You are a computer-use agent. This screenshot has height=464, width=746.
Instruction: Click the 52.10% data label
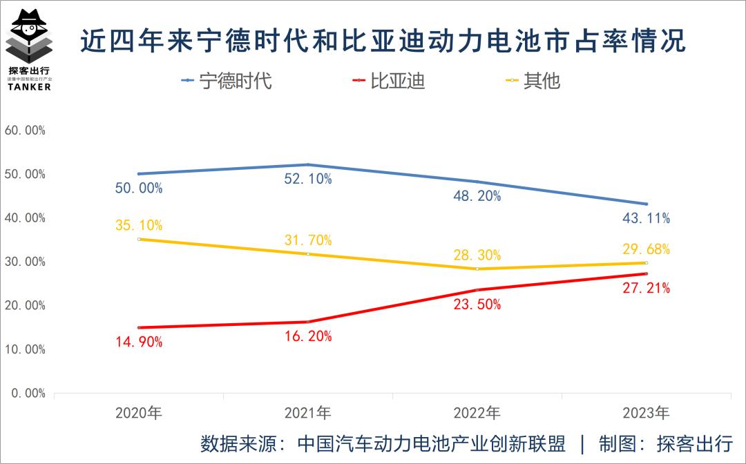[x=308, y=180]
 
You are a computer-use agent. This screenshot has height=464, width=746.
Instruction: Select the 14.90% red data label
[x=139, y=342]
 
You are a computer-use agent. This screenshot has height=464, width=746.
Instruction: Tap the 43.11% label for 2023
[x=646, y=218]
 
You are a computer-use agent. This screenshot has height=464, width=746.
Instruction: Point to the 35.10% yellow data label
[x=139, y=225]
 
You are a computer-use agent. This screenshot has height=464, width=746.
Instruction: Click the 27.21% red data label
[x=646, y=288]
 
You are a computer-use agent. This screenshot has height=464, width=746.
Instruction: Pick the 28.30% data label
[x=477, y=255]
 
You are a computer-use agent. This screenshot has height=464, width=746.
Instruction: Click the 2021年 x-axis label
[x=308, y=413]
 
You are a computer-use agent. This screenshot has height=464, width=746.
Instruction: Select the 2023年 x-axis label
[x=646, y=413]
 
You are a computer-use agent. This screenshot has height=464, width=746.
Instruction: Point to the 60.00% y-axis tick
[x=26, y=130]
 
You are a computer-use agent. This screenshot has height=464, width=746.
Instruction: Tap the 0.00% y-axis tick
[x=28, y=393]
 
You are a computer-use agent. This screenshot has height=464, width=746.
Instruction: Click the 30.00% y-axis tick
[x=26, y=262]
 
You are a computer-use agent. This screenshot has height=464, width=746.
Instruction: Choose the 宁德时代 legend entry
[x=227, y=81]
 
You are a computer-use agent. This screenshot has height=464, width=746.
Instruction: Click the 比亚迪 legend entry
[x=388, y=81]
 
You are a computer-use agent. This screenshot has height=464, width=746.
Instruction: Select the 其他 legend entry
[x=533, y=81]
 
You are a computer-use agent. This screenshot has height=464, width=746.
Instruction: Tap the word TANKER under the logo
[x=30, y=87]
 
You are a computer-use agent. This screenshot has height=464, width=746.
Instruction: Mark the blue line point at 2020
[x=139, y=174]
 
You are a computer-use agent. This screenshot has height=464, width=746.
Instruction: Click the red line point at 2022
[x=477, y=290]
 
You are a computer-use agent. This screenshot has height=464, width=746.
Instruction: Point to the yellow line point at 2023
[x=646, y=263]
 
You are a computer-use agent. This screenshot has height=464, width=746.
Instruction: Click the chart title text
[x=383, y=40]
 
